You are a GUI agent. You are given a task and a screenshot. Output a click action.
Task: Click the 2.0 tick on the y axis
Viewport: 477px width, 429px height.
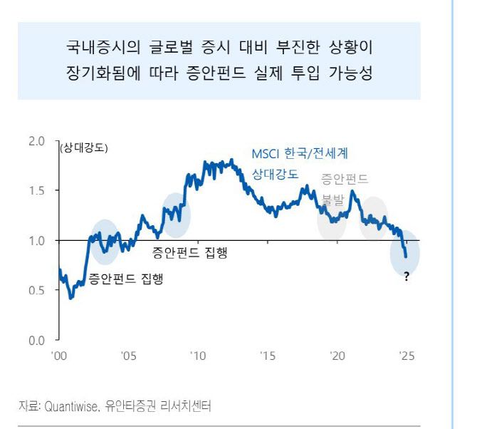pos(36,141)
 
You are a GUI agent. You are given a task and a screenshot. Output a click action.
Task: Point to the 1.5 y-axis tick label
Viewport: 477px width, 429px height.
pos(36,191)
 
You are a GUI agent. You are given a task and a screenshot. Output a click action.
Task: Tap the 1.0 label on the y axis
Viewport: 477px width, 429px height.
pos(36,241)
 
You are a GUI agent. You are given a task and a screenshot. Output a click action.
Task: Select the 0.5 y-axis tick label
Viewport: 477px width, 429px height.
pos(36,291)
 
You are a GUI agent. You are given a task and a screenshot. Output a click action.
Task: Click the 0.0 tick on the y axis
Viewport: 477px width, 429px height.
pos(36,341)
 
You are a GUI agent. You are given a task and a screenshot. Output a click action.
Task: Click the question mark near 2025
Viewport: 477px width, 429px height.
pos(407,277)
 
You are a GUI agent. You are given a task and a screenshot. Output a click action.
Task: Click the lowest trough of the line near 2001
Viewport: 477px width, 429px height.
pos(70,297)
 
